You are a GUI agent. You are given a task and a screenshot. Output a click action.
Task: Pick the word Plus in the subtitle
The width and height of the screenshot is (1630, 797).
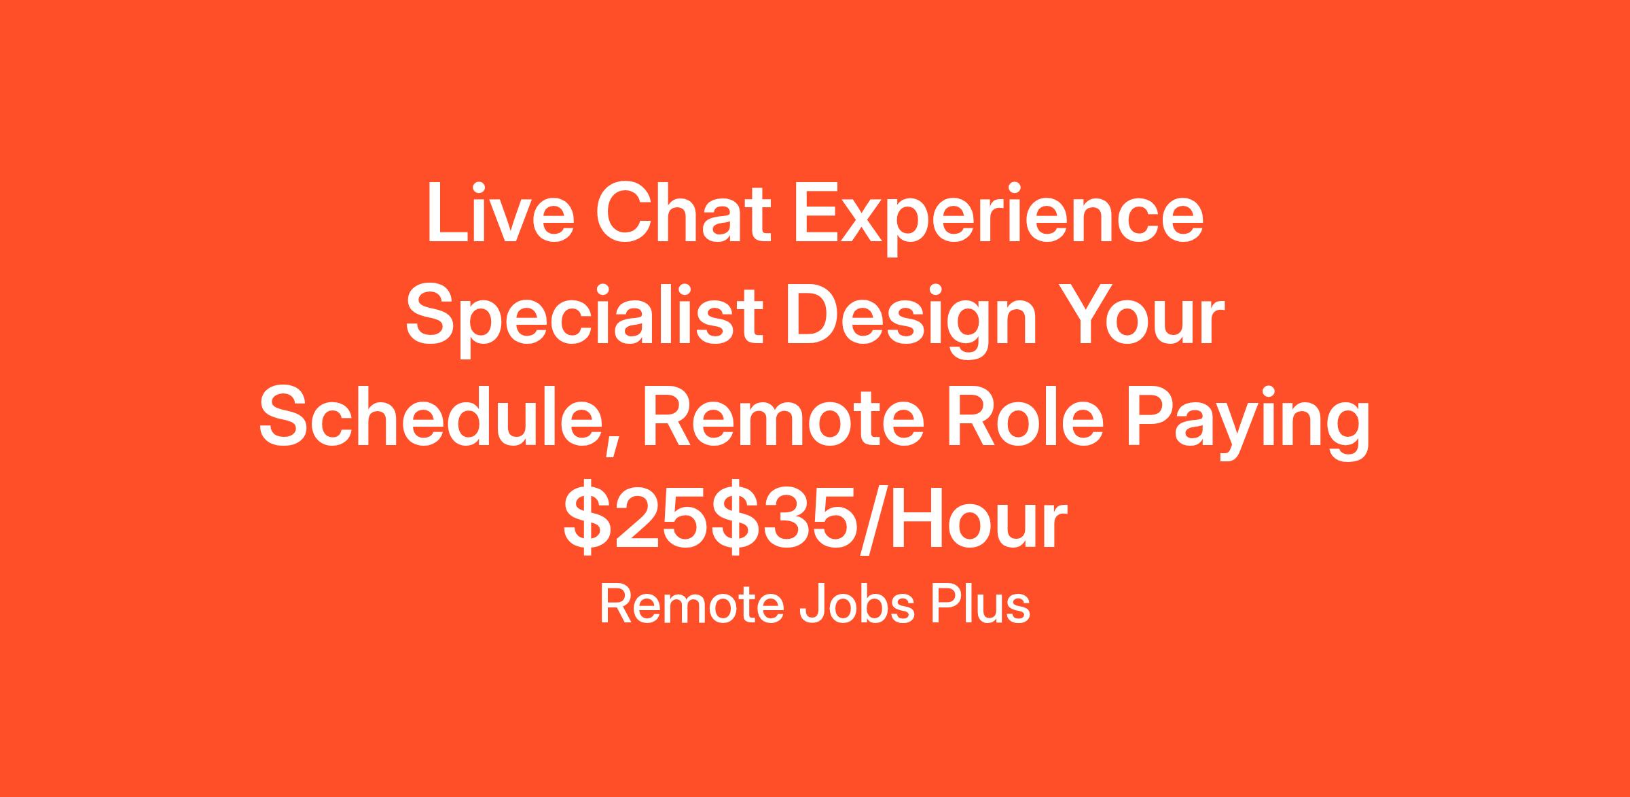(x=980, y=604)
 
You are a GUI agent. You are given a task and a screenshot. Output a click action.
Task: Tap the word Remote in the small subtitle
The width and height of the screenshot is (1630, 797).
(x=694, y=604)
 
